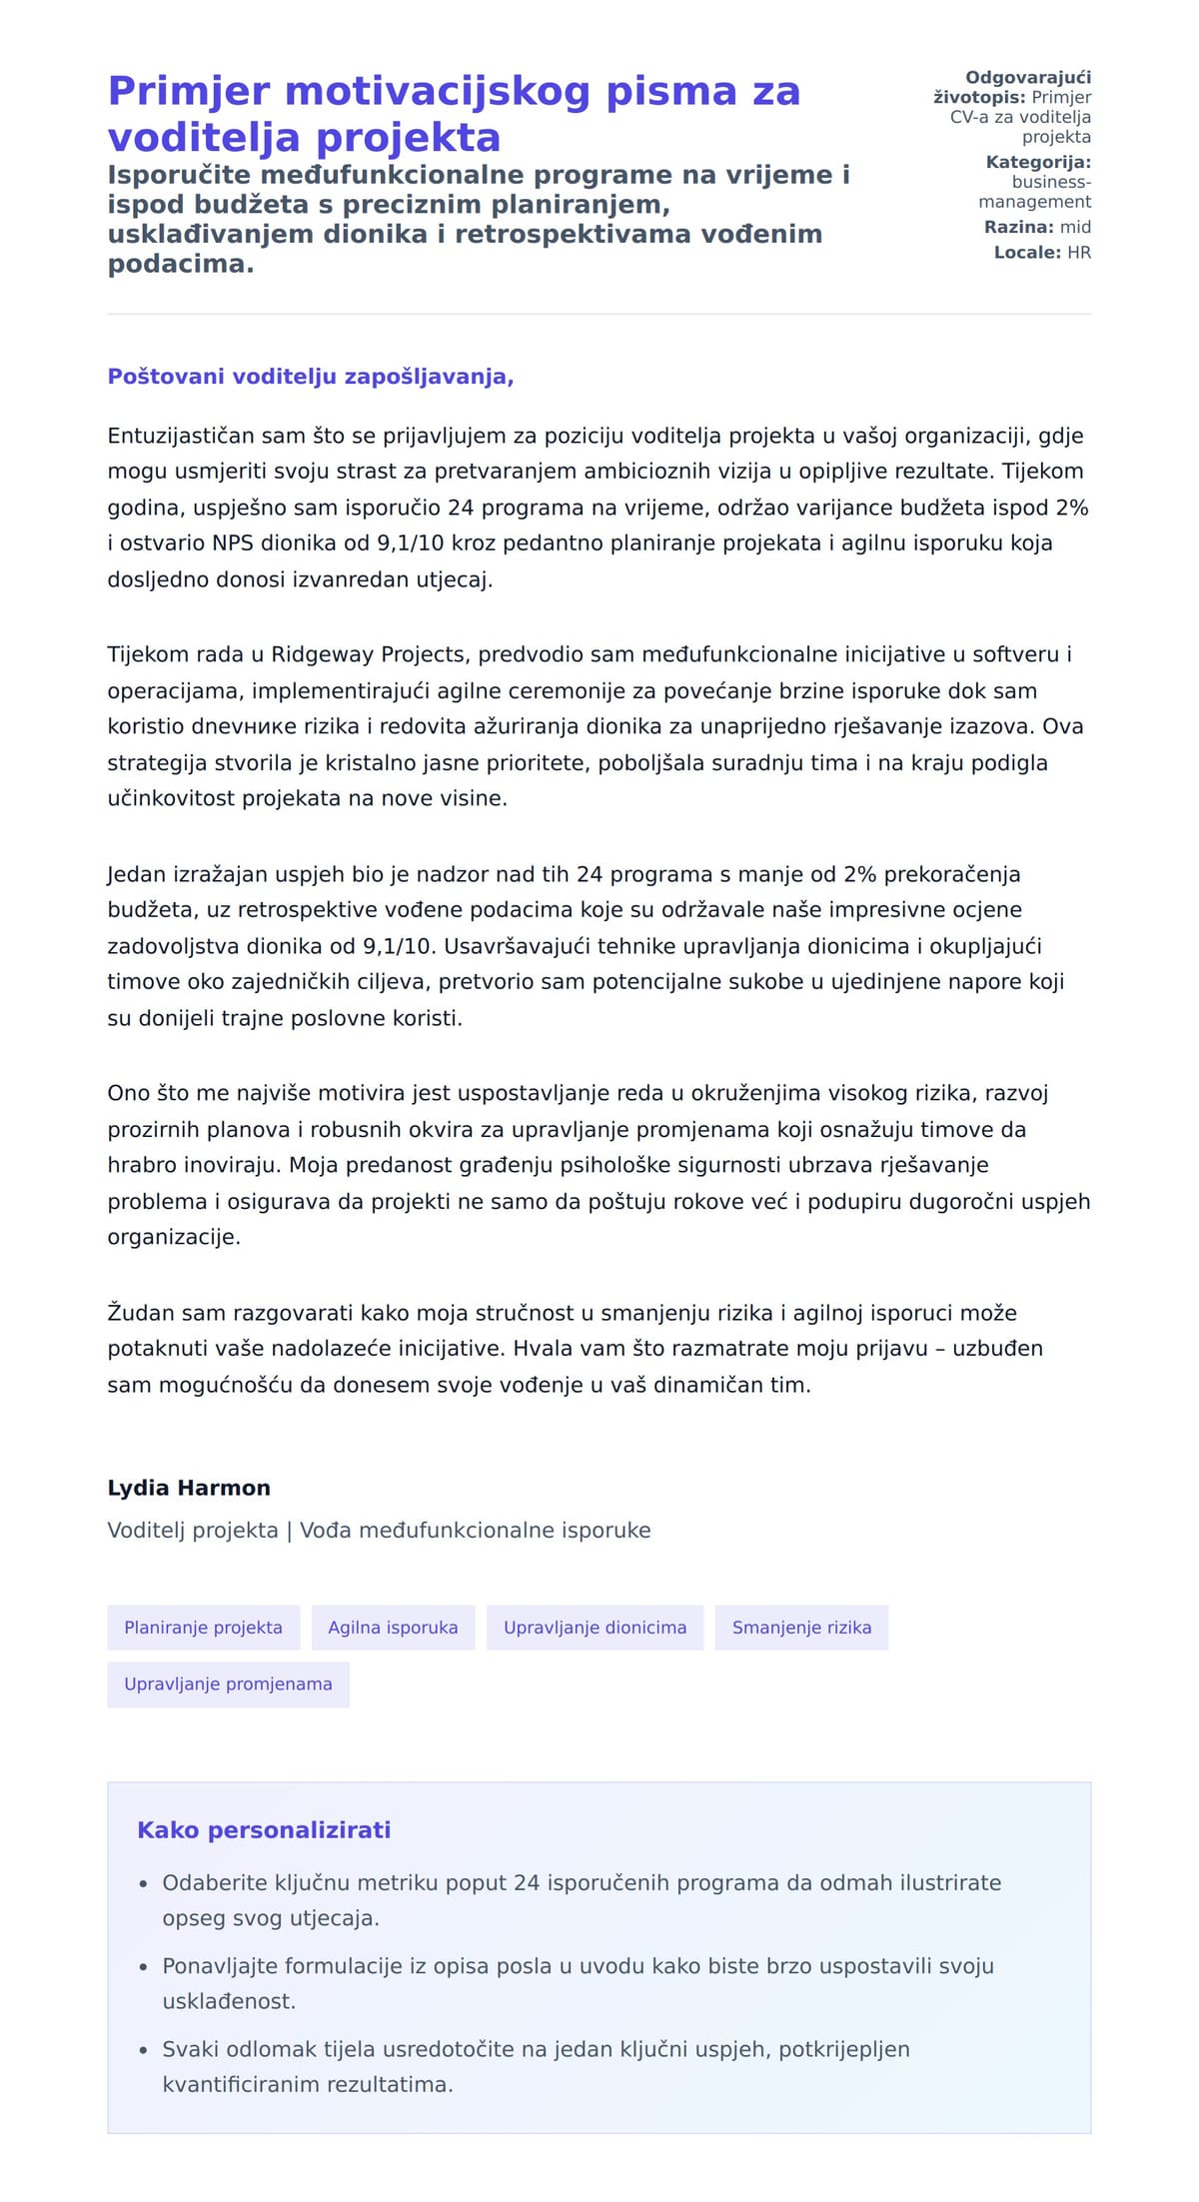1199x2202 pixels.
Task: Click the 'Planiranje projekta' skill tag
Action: point(203,1628)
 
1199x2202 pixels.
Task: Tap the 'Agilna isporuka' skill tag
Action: point(393,1628)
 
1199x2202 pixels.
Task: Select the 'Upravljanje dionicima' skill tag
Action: point(595,1628)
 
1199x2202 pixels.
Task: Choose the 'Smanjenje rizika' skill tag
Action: point(801,1628)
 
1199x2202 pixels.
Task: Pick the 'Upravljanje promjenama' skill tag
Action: point(228,1683)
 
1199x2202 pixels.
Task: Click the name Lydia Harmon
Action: point(189,1488)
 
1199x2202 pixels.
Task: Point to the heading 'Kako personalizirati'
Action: point(264,1830)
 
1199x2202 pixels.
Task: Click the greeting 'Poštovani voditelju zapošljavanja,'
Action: point(311,377)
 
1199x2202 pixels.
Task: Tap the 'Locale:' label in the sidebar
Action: point(1027,253)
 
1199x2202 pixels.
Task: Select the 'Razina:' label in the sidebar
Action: point(1019,227)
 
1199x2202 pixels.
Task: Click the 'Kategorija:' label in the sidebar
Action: point(1038,162)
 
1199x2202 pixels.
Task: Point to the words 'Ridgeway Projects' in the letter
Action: point(368,654)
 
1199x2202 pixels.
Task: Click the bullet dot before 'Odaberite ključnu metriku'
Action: point(143,1884)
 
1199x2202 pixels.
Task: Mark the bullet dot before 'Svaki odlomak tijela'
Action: point(143,2050)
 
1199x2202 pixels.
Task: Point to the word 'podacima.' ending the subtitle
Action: point(181,264)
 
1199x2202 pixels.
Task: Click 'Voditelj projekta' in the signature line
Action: point(193,1531)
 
